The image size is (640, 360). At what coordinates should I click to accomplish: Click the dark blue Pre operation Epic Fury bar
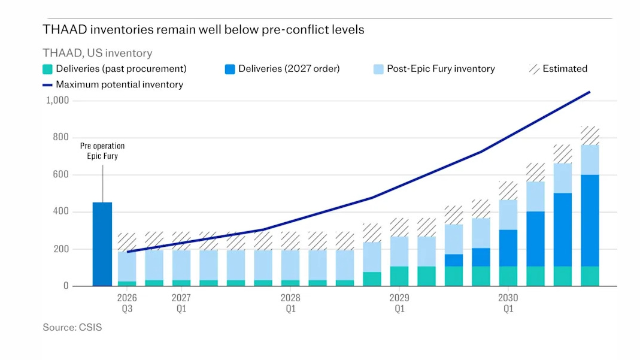pos(102,244)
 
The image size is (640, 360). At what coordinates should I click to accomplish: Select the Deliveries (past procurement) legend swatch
pos(47,69)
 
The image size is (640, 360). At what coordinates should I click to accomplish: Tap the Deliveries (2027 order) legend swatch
pos(230,69)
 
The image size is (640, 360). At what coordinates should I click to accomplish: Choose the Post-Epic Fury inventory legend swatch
pos(378,69)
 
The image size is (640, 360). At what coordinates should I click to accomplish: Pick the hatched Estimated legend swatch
pos(534,69)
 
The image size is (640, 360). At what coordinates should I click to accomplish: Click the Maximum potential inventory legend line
pos(47,85)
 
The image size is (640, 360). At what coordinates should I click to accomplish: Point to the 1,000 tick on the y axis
pos(57,101)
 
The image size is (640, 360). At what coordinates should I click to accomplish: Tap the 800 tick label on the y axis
pos(61,137)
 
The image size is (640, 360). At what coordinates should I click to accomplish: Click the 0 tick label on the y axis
pos(66,286)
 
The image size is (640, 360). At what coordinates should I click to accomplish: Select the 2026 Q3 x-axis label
pos(127,303)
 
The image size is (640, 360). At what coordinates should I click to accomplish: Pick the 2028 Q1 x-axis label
pos(290,303)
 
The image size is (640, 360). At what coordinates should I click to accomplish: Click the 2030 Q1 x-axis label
pos(508,303)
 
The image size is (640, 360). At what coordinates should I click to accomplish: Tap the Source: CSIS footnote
pos(72,327)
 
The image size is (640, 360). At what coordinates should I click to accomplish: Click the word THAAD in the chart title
pos(65,30)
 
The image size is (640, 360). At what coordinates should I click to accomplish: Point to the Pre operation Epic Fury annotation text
pos(102,151)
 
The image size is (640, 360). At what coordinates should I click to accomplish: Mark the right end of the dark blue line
pos(590,92)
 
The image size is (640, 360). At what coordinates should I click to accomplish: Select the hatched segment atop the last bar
pos(590,135)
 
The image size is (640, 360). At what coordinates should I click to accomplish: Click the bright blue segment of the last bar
pos(590,220)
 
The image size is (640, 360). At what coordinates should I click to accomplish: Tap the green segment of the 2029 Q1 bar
pos(399,276)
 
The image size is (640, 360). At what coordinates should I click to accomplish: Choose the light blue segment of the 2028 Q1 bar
pos(290,265)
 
